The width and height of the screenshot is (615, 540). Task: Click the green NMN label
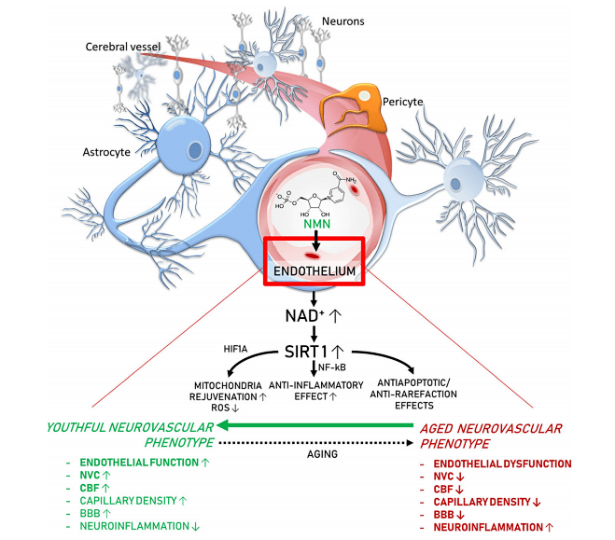click(317, 224)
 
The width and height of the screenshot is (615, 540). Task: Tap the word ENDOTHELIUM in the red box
click(314, 271)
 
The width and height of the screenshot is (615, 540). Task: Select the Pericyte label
click(403, 102)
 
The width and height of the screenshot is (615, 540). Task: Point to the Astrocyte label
click(106, 152)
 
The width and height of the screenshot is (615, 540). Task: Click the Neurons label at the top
click(343, 21)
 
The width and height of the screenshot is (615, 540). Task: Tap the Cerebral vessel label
click(123, 47)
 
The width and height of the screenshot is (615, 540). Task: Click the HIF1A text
click(235, 349)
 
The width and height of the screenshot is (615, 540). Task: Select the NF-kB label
click(332, 367)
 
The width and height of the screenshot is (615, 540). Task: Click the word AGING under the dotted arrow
click(322, 454)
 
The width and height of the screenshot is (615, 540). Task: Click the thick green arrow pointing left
click(315, 425)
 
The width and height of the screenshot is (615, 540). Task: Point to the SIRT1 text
click(306, 352)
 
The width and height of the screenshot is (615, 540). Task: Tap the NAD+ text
click(302, 316)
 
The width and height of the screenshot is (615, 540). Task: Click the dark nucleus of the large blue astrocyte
click(195, 150)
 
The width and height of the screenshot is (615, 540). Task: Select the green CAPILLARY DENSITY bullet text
click(128, 501)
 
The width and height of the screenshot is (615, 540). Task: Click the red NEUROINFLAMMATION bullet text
click(488, 528)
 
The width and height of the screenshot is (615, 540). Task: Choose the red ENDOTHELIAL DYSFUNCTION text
click(502, 464)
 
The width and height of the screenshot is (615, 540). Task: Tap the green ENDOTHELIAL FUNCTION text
click(139, 463)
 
